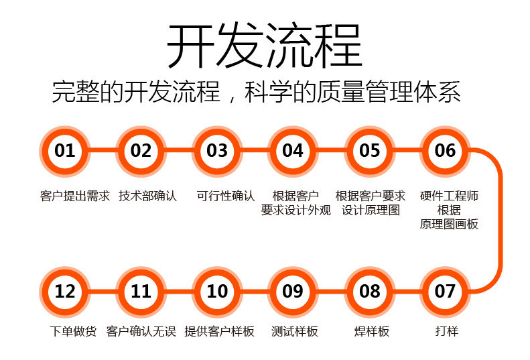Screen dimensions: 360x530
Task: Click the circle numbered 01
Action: tap(65, 151)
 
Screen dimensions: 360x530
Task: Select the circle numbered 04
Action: tap(293, 151)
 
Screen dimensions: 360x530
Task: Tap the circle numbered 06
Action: tap(445, 151)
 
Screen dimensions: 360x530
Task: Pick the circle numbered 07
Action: tap(445, 292)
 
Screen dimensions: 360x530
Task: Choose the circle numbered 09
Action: tap(293, 292)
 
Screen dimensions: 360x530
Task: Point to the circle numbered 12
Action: tap(65, 292)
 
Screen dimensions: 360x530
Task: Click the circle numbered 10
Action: tap(217, 292)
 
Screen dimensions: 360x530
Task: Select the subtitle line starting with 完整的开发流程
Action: tap(257, 93)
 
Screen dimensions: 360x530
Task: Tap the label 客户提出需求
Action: tap(74, 196)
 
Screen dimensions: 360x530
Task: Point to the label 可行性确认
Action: tap(226, 196)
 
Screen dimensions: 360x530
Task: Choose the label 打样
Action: tap(446, 331)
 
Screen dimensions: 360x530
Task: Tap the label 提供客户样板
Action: tap(219, 331)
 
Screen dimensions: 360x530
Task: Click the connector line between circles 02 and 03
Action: tap(179, 151)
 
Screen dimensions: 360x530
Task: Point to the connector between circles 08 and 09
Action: tap(331, 292)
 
